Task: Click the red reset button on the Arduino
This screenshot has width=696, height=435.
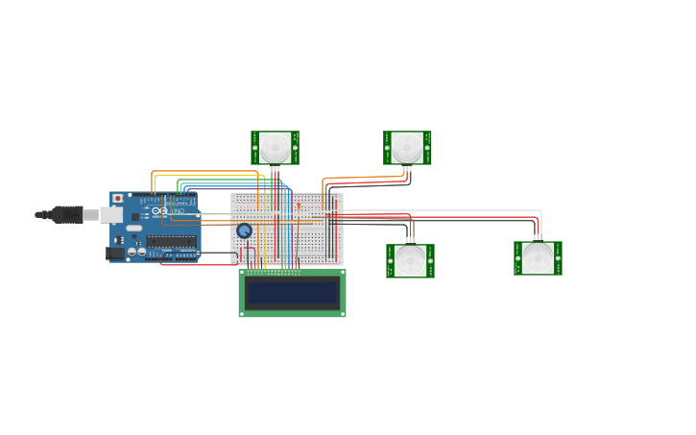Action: [118, 199]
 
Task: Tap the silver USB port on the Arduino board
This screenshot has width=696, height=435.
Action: [109, 215]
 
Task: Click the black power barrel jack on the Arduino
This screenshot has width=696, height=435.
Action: [114, 254]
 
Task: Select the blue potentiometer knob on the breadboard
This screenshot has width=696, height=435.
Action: [244, 230]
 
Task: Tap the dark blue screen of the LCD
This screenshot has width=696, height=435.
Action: [292, 293]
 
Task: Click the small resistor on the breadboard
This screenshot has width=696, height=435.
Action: [298, 205]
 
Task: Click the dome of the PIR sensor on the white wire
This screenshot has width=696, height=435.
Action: [538, 257]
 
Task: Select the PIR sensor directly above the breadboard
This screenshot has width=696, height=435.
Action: [275, 147]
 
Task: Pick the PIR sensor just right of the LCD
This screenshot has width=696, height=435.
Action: [410, 260]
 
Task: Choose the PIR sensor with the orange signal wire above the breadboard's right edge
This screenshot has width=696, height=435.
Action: [407, 147]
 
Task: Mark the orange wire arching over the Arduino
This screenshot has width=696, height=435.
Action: [202, 172]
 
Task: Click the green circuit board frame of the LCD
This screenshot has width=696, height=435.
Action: [292, 313]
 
